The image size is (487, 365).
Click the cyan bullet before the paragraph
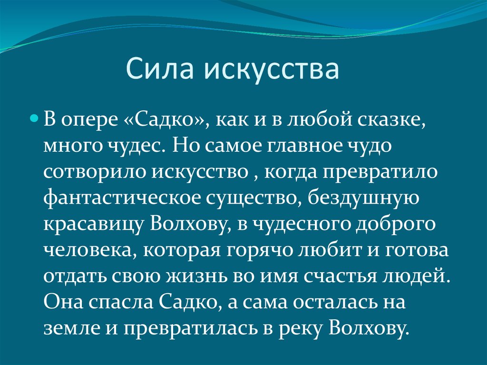[34, 118]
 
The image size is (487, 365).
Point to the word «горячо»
[260, 251]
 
